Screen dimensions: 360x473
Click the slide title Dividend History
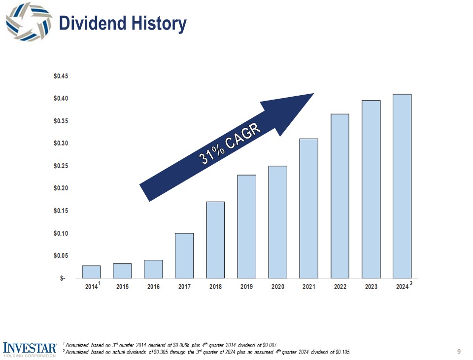coord(122,24)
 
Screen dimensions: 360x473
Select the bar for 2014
coord(91,272)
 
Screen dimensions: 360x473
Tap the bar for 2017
coord(184,256)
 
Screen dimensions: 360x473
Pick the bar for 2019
coord(246,227)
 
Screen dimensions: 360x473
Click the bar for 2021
coord(308,209)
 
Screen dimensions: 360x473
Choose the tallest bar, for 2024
coord(402,186)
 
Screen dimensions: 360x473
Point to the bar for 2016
coord(153,269)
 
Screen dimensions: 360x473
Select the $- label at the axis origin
coord(63,279)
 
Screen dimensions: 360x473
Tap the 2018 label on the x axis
coord(215,288)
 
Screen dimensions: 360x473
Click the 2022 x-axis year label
coord(339,288)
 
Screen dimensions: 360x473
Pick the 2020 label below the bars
coord(277,288)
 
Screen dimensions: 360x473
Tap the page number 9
coord(459,351)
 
